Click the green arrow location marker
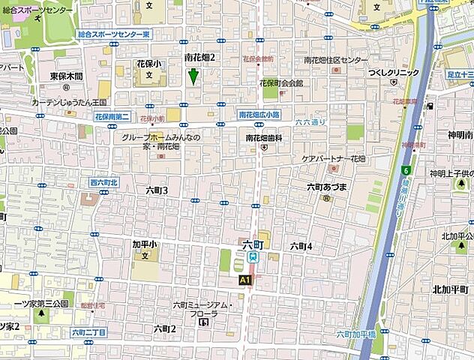[x=193, y=76]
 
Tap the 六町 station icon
[x=253, y=256]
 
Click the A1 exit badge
[x=244, y=279]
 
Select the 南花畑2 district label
[x=199, y=57]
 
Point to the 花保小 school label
[x=148, y=64]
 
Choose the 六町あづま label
[x=325, y=187]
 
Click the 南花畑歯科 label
[x=264, y=138]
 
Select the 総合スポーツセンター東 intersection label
[x=114, y=34]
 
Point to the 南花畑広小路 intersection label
[x=258, y=115]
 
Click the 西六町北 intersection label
[x=104, y=182]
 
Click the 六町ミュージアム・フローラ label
[x=208, y=309]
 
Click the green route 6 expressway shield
[x=406, y=169]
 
